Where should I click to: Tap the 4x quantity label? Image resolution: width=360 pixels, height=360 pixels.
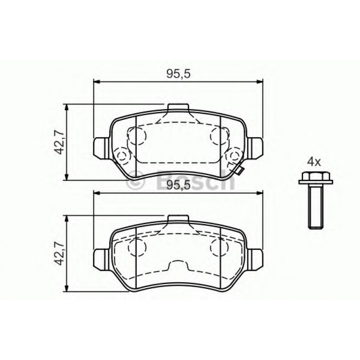pyautogui.click(x=313, y=162)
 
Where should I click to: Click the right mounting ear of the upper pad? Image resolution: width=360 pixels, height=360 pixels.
pyautogui.click(x=255, y=146)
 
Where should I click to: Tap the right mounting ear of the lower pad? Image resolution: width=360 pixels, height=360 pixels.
pyautogui.click(x=255, y=258)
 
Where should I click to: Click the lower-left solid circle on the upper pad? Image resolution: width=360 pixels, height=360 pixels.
pyautogui.click(x=121, y=156)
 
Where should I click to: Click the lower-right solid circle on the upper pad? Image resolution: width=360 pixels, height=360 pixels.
pyautogui.click(x=233, y=156)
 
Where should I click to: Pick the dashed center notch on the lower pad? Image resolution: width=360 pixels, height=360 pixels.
pyautogui.click(x=178, y=267)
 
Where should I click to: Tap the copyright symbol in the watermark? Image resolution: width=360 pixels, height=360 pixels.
pyautogui.click(x=135, y=181)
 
